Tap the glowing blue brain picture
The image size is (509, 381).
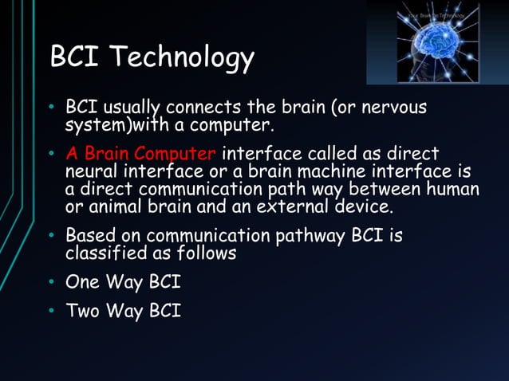pyautogui.click(x=437, y=41)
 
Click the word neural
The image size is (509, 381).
pyautogui.click(x=91, y=172)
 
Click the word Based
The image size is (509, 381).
pyautogui.click(x=89, y=237)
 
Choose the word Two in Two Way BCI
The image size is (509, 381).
pyautogui.click(x=84, y=312)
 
